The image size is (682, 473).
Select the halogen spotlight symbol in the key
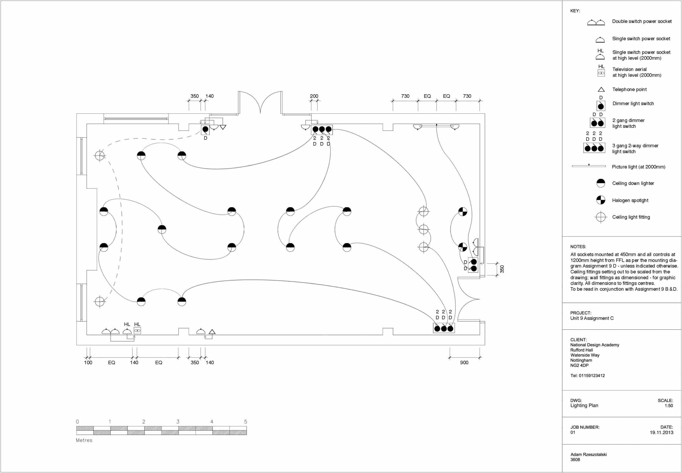[600, 200]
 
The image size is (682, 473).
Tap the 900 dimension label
[464, 362]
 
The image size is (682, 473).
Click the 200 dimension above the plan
[314, 96]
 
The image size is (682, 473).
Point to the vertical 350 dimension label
[502, 269]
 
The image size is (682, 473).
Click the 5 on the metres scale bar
[246, 422]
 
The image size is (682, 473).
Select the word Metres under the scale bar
[84, 440]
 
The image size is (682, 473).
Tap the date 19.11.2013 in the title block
[661, 432]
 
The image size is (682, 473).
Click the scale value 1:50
[669, 406]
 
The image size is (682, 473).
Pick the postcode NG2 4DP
[579, 366]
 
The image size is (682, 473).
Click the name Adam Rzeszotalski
[588, 454]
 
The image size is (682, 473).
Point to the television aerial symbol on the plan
[137, 330]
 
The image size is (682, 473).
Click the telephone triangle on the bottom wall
[212, 332]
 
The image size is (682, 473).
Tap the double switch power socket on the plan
[111, 331]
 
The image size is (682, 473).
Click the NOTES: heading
[578, 247]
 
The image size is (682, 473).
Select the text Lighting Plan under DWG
[584, 406]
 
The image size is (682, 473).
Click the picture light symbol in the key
[589, 166]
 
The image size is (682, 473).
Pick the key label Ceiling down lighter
[633, 183]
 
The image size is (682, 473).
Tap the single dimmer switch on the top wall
[205, 129]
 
